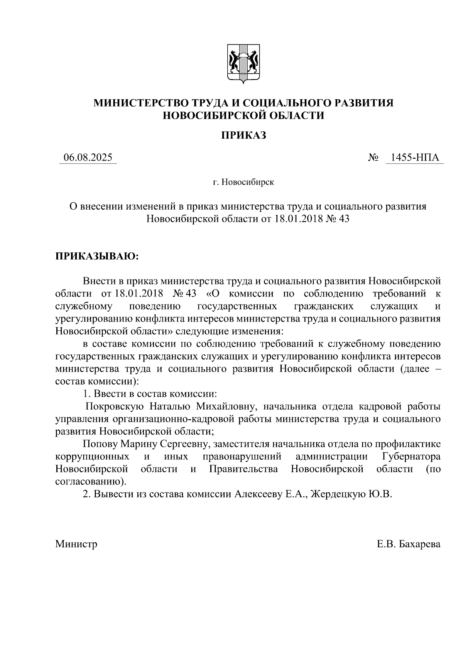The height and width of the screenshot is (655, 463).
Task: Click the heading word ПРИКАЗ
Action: click(243, 135)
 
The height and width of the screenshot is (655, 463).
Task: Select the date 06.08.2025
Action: click(88, 157)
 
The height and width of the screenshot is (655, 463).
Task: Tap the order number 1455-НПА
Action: click(415, 157)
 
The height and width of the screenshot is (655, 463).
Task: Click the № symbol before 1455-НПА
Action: click(373, 158)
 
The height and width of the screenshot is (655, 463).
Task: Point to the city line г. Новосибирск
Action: click(243, 182)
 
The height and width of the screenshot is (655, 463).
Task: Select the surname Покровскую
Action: click(115, 406)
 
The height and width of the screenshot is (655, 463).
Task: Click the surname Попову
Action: click(100, 444)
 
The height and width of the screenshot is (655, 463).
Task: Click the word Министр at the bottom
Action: click(76, 544)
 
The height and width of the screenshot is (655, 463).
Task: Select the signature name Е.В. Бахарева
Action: click(409, 544)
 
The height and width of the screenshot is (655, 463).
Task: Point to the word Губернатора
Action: click(411, 457)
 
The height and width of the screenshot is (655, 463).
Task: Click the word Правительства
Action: click(243, 469)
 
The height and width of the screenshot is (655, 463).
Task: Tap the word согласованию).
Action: click(91, 482)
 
